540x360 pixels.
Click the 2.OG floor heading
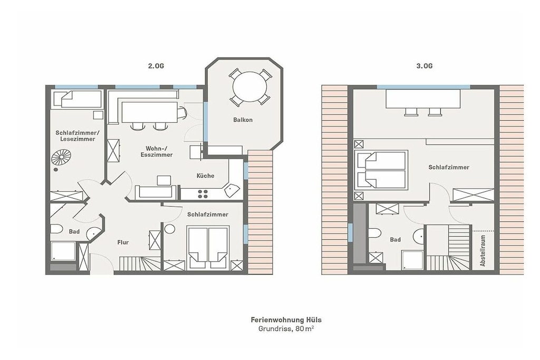156,66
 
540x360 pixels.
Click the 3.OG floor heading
425,66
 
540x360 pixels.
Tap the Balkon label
243,120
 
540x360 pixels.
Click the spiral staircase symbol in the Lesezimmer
61,158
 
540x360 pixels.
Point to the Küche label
205,176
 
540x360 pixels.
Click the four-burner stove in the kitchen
203,194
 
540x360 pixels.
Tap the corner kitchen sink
232,190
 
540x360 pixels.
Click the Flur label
123,242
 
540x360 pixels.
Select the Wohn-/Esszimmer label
156,151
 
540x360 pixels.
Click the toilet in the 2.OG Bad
56,229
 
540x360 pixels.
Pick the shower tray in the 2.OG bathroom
63,251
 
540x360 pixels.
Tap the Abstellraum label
483,250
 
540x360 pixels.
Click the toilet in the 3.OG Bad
374,233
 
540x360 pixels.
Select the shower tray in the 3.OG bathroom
412,260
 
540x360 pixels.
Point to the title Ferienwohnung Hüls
286,320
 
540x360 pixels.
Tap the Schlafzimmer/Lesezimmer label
78,135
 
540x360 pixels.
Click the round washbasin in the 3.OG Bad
419,236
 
